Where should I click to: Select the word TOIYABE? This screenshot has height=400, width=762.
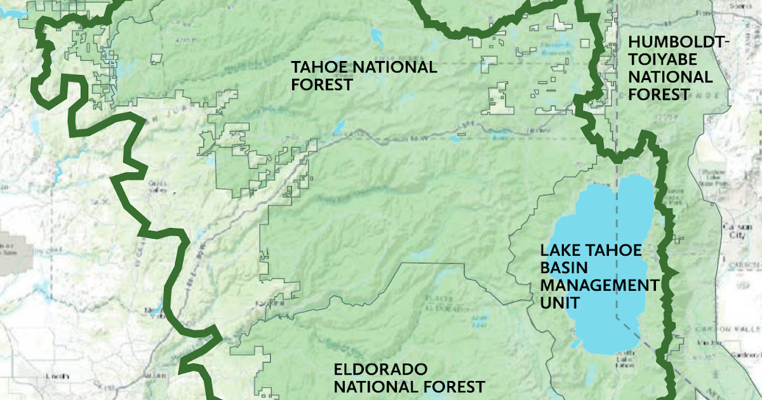click(657, 60)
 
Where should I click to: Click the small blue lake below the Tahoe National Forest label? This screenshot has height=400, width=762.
click(339, 127)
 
